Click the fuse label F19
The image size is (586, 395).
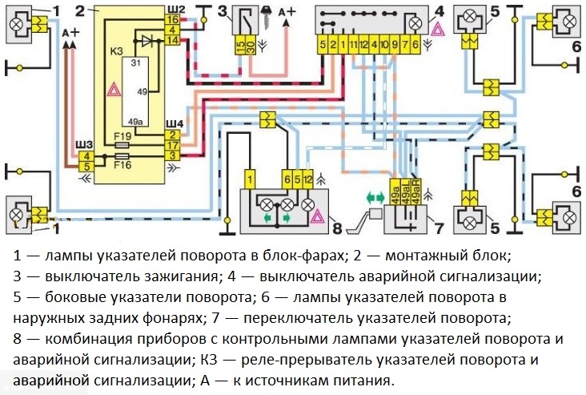pyautogui.click(x=123, y=136)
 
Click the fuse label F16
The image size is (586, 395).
pyautogui.click(x=123, y=163)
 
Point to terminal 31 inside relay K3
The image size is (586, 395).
pyautogui.click(x=136, y=62)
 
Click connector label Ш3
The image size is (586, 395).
pyautogui.click(x=83, y=144)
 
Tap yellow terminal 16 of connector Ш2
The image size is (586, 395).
pyautogui.click(x=173, y=18)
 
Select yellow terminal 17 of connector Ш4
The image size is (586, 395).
pyautogui.click(x=172, y=145)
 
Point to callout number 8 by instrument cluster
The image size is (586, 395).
pyautogui.click(x=337, y=228)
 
